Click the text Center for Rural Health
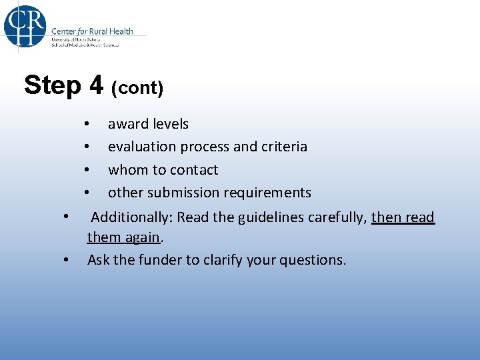(x=92, y=31)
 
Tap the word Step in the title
(x=52, y=85)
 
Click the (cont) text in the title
(x=137, y=88)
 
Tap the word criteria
(x=285, y=147)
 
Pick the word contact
(x=195, y=170)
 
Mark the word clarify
(x=225, y=260)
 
